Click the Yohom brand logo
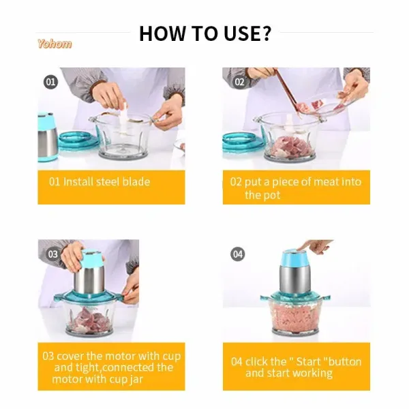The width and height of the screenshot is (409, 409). pyautogui.click(x=55, y=44)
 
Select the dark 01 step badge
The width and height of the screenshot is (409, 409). pyautogui.click(x=50, y=82)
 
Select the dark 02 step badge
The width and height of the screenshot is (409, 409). pyautogui.click(x=239, y=82)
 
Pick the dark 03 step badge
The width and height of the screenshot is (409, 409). pyautogui.click(x=52, y=254)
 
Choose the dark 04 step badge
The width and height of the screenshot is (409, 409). pyautogui.click(x=238, y=254)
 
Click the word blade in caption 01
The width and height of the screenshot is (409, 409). pyautogui.click(x=136, y=181)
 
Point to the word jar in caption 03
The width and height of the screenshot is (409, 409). pyautogui.click(x=136, y=380)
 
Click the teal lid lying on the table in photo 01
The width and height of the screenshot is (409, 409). pyautogui.click(x=79, y=141)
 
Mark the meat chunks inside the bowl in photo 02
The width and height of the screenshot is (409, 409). pyautogui.click(x=290, y=147)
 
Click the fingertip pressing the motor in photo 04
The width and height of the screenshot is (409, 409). pyautogui.click(x=299, y=248)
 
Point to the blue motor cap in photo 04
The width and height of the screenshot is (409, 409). pyautogui.click(x=294, y=258)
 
